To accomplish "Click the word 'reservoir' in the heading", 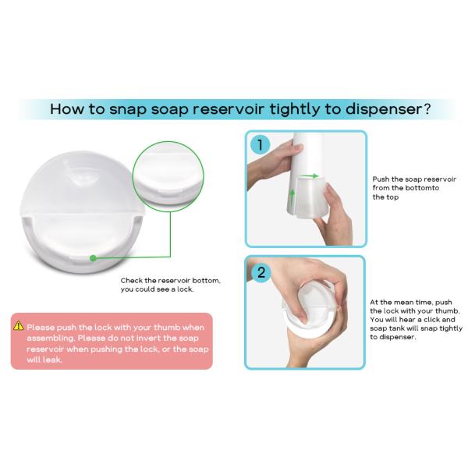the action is [x=229, y=108].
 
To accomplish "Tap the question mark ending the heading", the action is [x=427, y=108].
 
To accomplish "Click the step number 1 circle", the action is [x=260, y=145].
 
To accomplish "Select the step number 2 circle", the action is [x=261, y=272].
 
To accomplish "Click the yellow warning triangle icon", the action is [x=19, y=325].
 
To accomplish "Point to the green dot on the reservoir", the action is [x=93, y=258].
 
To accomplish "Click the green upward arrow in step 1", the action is [x=292, y=197].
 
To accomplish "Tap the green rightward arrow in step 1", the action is [x=309, y=176].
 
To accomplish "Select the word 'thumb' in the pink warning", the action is [x=167, y=328].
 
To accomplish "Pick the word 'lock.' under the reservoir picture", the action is [x=185, y=289].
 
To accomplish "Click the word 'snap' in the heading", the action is [x=127, y=109].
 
